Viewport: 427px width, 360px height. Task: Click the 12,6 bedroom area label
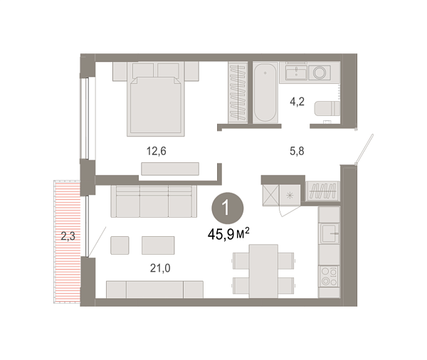155,151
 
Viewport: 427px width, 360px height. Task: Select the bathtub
266,92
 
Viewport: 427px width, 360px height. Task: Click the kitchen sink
330,233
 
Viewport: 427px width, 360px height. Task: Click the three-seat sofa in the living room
154,201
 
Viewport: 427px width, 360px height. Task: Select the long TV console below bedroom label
169,168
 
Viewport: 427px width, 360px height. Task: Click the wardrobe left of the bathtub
237,92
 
